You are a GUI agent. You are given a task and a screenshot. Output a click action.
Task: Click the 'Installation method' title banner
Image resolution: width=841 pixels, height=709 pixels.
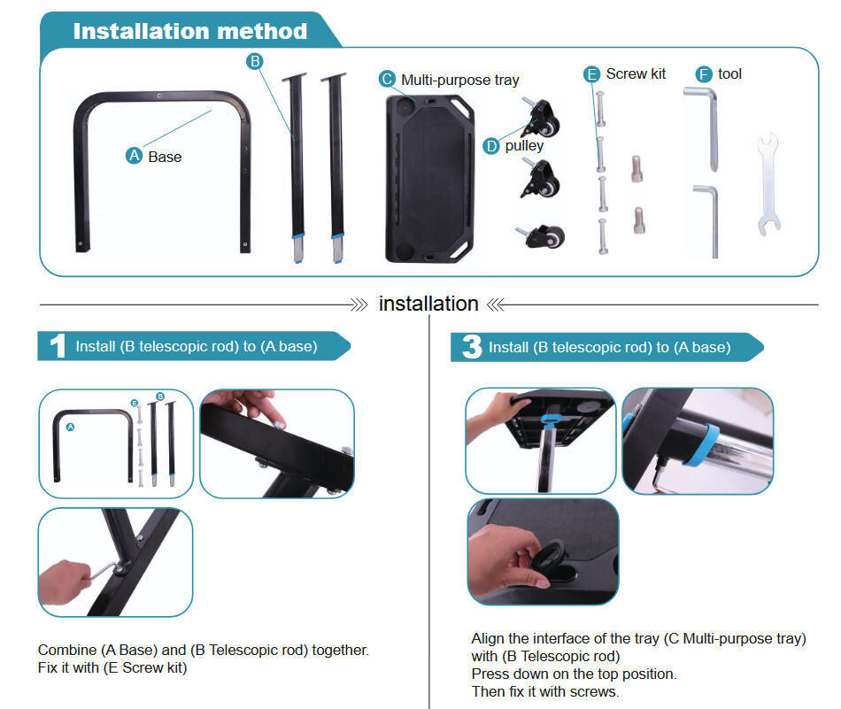click(x=189, y=32)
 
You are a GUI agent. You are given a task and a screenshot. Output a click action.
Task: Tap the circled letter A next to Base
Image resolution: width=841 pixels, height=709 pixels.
click(x=135, y=156)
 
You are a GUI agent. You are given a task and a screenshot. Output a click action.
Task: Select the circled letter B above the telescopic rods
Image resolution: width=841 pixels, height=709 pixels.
click(x=255, y=61)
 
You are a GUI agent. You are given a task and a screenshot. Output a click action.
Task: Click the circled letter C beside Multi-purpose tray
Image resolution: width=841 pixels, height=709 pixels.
click(x=387, y=80)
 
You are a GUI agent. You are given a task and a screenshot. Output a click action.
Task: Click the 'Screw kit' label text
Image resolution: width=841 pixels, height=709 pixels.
click(x=636, y=74)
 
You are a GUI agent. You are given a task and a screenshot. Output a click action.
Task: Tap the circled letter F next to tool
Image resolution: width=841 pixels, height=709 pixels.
click(x=704, y=74)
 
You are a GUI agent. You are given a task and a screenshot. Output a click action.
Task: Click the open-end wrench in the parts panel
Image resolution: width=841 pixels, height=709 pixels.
click(x=768, y=184)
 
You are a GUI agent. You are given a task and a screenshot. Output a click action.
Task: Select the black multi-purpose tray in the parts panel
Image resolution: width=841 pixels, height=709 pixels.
click(x=431, y=177)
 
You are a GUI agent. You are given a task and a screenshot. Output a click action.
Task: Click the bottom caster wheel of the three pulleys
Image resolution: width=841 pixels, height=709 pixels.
click(x=542, y=235)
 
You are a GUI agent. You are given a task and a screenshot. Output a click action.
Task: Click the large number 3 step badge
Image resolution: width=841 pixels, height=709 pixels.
click(x=471, y=347)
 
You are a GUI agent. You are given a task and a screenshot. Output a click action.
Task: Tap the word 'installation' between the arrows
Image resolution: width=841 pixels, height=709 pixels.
click(x=428, y=304)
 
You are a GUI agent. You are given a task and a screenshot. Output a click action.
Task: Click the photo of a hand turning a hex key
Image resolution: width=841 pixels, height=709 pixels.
click(x=115, y=562)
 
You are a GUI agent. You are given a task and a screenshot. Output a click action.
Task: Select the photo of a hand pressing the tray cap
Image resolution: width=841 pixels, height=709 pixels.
click(x=543, y=551)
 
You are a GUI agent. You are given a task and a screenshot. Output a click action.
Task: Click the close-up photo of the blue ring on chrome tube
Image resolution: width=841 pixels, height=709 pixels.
click(x=698, y=440)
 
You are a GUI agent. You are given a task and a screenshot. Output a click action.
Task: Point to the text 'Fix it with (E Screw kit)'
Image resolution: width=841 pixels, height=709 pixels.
click(x=112, y=668)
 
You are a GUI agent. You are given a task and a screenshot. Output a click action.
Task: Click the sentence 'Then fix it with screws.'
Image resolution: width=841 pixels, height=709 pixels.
click(x=544, y=691)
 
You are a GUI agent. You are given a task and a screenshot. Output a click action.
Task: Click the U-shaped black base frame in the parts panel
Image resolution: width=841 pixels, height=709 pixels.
click(x=163, y=168)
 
